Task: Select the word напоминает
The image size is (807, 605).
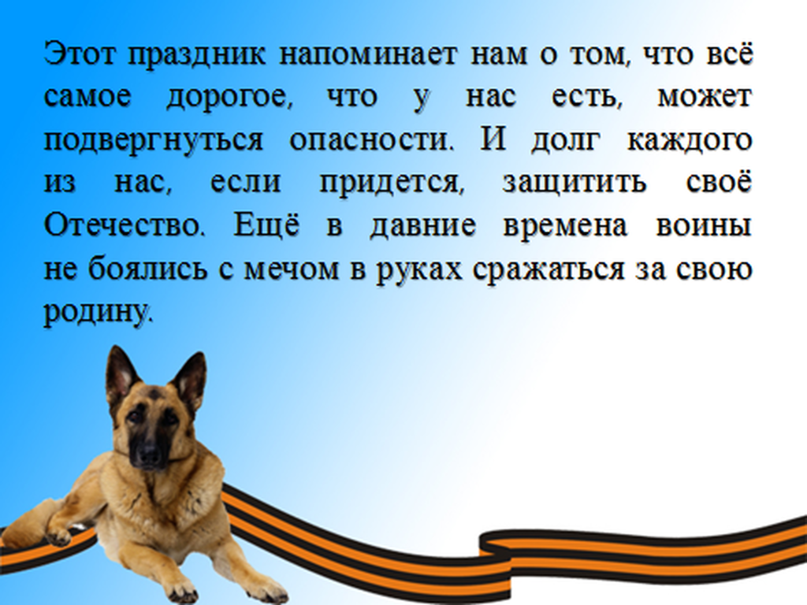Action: pos(368,54)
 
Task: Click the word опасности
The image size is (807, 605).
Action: pos(372,140)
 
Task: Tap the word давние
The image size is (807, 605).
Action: pos(422,227)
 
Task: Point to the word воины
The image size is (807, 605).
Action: pos(704,227)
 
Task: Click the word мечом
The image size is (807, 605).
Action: pos(292,270)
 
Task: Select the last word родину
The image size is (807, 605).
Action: pos(99,313)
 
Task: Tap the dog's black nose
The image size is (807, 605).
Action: pos(149,455)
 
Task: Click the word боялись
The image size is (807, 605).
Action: pos(147,269)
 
